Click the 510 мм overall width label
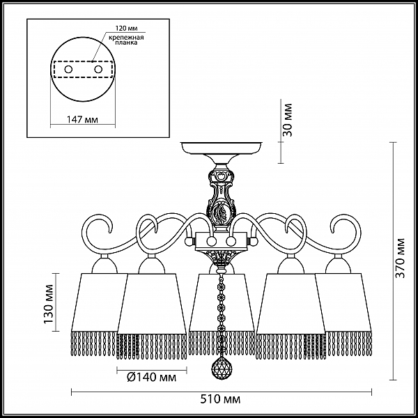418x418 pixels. click(x=220, y=399)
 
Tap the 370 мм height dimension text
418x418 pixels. click(x=400, y=258)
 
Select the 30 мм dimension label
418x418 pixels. click(x=287, y=120)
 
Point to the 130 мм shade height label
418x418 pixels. click(x=49, y=304)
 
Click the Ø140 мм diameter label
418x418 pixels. click(x=152, y=377)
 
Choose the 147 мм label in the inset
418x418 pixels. click(x=82, y=120)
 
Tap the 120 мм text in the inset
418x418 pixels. click(x=126, y=29)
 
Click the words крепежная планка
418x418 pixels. click(x=126, y=40)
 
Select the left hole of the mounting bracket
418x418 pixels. click(x=68, y=70)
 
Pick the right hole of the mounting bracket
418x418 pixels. click(x=98, y=70)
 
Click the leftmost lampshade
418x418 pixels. click(x=99, y=302)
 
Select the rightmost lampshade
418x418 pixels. click(x=343, y=302)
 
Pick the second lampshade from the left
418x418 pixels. click(x=151, y=304)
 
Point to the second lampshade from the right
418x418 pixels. click(x=291, y=304)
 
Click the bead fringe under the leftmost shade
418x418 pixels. click(x=94, y=343)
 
